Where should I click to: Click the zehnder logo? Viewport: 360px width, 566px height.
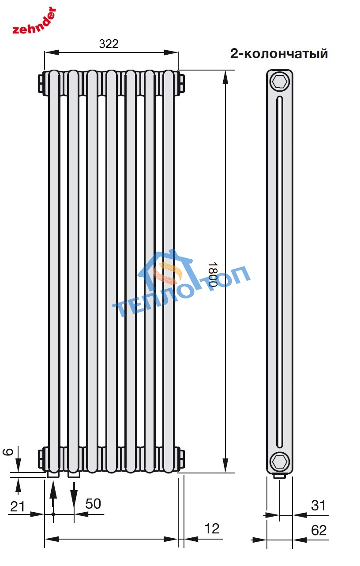pyautogui.click(x=34, y=21)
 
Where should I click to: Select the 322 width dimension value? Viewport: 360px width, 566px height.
pyautogui.click(x=109, y=44)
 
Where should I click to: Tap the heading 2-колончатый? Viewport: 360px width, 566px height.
pyautogui.click(x=279, y=54)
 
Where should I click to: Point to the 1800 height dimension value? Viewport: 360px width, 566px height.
pyautogui.click(x=213, y=274)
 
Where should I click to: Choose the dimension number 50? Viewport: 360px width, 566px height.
pyautogui.click(x=93, y=503)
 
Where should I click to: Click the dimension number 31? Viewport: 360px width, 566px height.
pyautogui.click(x=318, y=505)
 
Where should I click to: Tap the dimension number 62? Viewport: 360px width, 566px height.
pyautogui.click(x=319, y=530)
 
